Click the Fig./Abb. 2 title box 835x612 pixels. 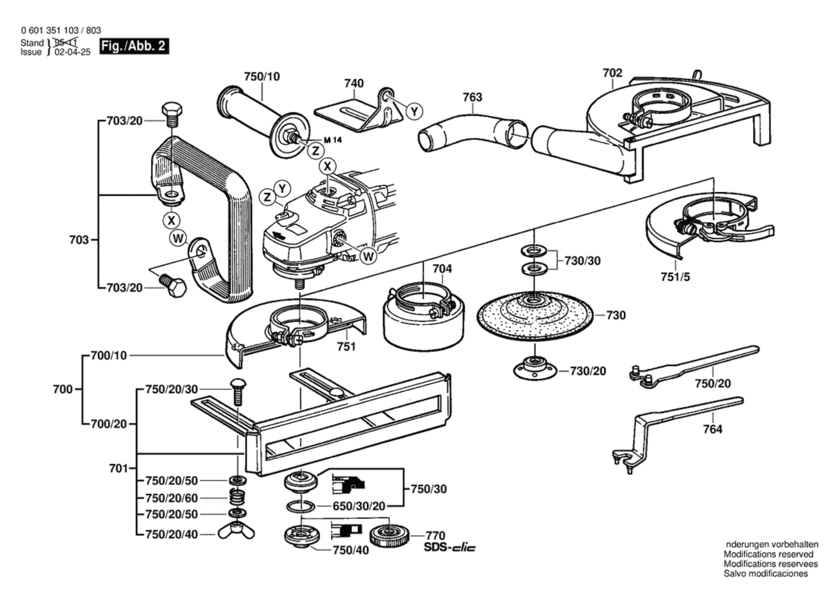pyautogui.click(x=134, y=46)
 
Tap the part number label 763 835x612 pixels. pyautogui.click(x=472, y=97)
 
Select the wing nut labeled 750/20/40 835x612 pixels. pyautogui.click(x=236, y=531)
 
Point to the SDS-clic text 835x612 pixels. pyautogui.click(x=449, y=548)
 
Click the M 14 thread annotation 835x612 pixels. pyautogui.click(x=333, y=140)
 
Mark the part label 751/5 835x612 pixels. pyautogui.click(x=675, y=277)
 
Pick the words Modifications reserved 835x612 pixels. pyautogui.click(x=768, y=554)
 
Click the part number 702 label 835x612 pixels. pyautogui.click(x=612, y=73)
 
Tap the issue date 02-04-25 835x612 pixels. pyautogui.click(x=72, y=52)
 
